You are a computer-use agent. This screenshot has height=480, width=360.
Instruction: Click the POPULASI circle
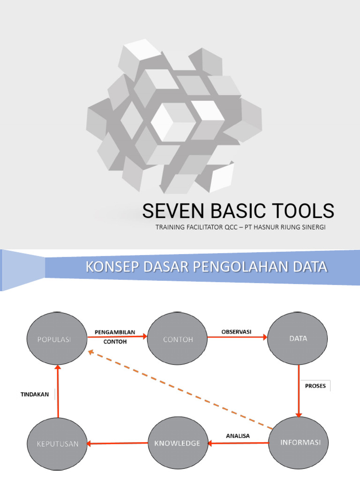coord(57,338)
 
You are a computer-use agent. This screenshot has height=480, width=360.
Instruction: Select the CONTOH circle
coord(177,338)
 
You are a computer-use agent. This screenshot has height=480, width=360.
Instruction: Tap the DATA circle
coord(298,338)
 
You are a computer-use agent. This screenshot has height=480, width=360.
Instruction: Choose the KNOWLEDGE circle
coord(178,443)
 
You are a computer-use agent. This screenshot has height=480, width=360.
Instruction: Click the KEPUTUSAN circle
coord(57,443)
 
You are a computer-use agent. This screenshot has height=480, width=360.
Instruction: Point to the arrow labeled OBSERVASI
coord(237,337)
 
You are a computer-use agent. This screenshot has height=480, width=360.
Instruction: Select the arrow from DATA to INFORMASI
coord(299,391)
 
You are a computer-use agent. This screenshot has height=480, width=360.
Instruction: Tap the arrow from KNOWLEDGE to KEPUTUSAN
coord(117,443)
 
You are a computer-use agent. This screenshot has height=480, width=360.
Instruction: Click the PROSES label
coord(315,386)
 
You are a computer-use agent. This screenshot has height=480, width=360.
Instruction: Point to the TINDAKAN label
coord(35,395)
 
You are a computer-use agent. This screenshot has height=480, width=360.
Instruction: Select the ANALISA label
coord(238,436)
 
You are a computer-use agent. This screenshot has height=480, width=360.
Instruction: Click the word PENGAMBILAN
coord(115,332)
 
